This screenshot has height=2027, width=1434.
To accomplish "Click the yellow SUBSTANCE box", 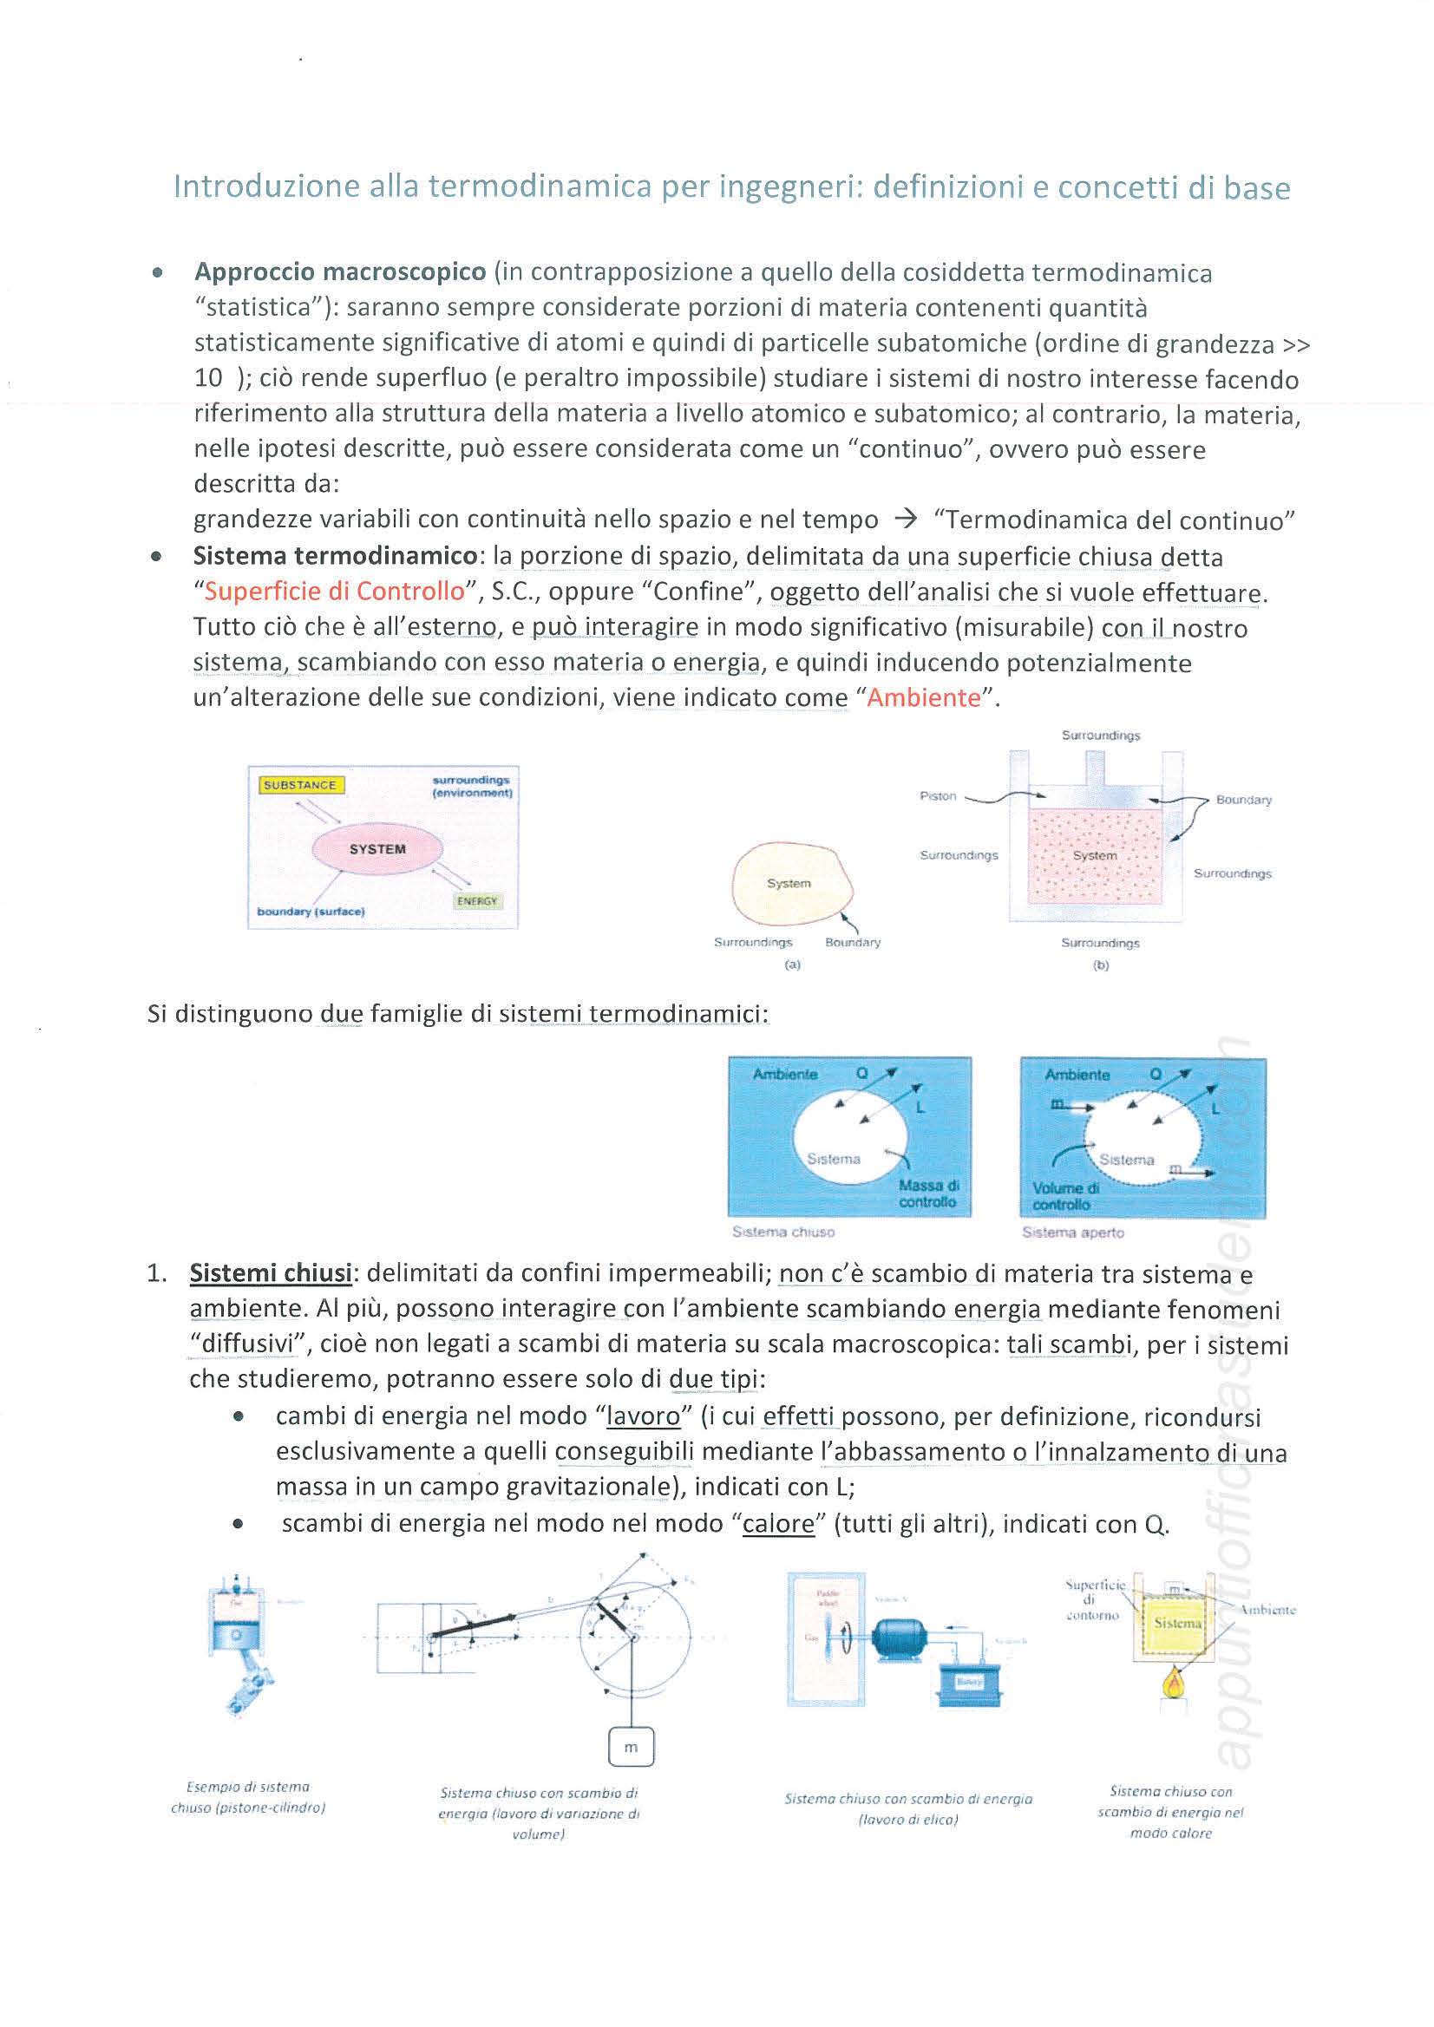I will [x=301, y=785].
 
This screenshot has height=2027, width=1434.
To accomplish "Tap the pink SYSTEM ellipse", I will [x=377, y=848].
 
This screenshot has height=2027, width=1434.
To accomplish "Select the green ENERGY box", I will [x=478, y=900].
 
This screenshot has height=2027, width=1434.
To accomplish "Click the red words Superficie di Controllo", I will [x=335, y=591].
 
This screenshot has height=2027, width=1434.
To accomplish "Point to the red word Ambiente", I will [x=924, y=697].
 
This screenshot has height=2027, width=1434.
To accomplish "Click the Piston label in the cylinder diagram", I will [x=938, y=795].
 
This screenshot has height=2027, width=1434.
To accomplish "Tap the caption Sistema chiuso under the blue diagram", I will [x=783, y=1232].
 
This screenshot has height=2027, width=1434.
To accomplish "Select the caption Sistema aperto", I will [x=1073, y=1233].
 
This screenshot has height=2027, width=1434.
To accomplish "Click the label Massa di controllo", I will [x=928, y=1193].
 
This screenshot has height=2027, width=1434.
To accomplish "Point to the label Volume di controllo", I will [x=1066, y=1196].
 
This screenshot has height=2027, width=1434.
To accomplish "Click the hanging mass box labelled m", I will [x=631, y=1747].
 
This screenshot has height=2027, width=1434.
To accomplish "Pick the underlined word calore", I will [x=778, y=1524].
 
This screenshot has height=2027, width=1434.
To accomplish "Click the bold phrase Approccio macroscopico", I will [x=340, y=272].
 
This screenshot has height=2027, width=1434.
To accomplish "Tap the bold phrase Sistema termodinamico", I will [x=336, y=556].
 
